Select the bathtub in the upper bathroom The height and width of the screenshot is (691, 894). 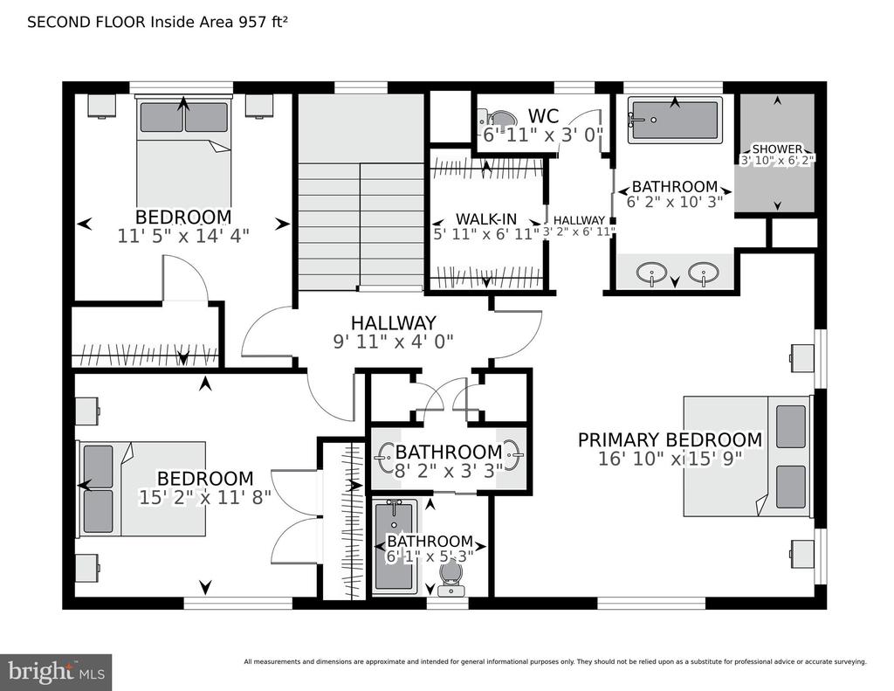pyautogui.click(x=674, y=121)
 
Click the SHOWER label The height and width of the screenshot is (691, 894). pyautogui.click(x=776, y=149)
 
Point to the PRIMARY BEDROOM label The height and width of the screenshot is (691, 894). pyautogui.click(x=670, y=439)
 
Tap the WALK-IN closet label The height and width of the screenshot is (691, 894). pyautogui.click(x=487, y=218)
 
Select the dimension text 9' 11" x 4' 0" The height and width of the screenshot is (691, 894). pyautogui.click(x=393, y=342)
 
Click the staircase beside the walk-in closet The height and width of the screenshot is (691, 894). pyautogui.click(x=361, y=218)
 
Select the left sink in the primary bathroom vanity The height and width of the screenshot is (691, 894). pyautogui.click(x=650, y=274)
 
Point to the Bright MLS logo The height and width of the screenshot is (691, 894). pyautogui.click(x=56, y=672)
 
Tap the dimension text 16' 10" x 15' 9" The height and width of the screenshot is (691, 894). pyautogui.click(x=670, y=460)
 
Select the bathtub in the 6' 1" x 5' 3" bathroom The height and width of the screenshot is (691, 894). pyautogui.click(x=393, y=546)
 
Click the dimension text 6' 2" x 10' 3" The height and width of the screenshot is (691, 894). pyautogui.click(x=674, y=203)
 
